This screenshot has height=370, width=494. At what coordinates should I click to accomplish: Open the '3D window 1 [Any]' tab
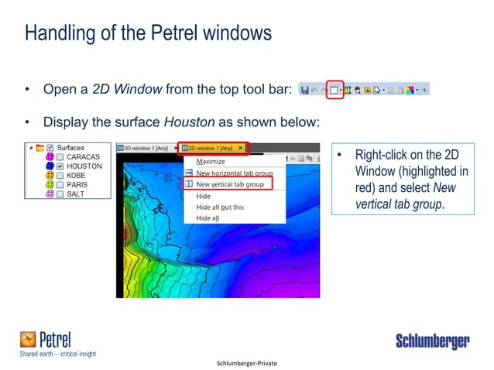tap(146, 148)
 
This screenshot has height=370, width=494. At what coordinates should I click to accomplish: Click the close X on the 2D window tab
tap(241, 148)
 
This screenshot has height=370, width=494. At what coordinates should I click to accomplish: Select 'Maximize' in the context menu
tap(211, 162)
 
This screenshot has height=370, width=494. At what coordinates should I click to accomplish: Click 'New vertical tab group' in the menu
tap(230, 184)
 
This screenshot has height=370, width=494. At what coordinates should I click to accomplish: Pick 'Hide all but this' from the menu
tap(220, 207)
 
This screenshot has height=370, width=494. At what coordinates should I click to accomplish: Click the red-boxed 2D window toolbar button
tap(334, 91)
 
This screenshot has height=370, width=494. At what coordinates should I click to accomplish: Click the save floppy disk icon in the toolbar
tap(305, 91)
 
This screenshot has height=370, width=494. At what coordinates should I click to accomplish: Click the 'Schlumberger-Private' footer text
tap(247, 362)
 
